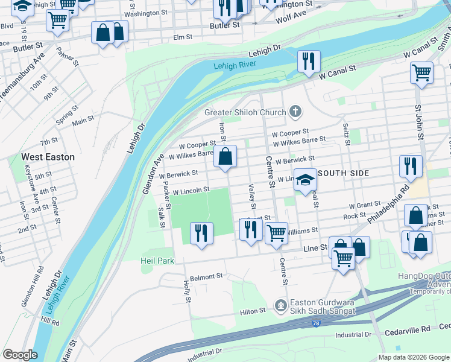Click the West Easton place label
tap(48, 157)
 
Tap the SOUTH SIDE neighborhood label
tap(343, 173)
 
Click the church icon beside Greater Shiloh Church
tap(295, 112)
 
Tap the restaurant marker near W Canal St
tap(308, 62)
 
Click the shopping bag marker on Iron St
tap(225, 157)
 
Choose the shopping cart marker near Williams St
tap(276, 232)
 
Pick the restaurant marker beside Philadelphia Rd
tap(410, 165)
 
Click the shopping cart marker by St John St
tap(421, 73)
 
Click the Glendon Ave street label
tap(153, 174)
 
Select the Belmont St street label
tap(206, 276)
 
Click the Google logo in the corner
tap(20, 355)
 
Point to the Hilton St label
tap(253, 311)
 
